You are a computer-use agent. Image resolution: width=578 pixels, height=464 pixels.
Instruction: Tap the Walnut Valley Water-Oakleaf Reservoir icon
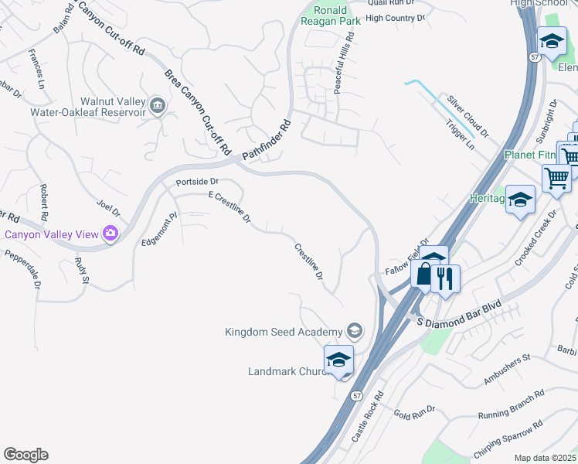158,106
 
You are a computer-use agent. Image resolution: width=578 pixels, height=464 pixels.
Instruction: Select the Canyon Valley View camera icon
110,233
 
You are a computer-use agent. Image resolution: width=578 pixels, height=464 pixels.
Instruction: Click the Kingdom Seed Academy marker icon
354,332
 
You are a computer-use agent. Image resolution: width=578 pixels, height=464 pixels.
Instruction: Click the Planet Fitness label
531,155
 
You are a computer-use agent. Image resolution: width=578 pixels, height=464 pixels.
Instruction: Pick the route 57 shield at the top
534,56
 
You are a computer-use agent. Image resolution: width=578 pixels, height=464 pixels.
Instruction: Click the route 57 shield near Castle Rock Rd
356,395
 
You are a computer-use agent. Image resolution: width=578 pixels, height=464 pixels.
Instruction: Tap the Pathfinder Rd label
266,141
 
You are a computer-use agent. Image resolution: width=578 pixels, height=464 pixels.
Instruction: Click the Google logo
25,455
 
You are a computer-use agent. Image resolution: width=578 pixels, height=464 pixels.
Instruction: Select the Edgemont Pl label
160,230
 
